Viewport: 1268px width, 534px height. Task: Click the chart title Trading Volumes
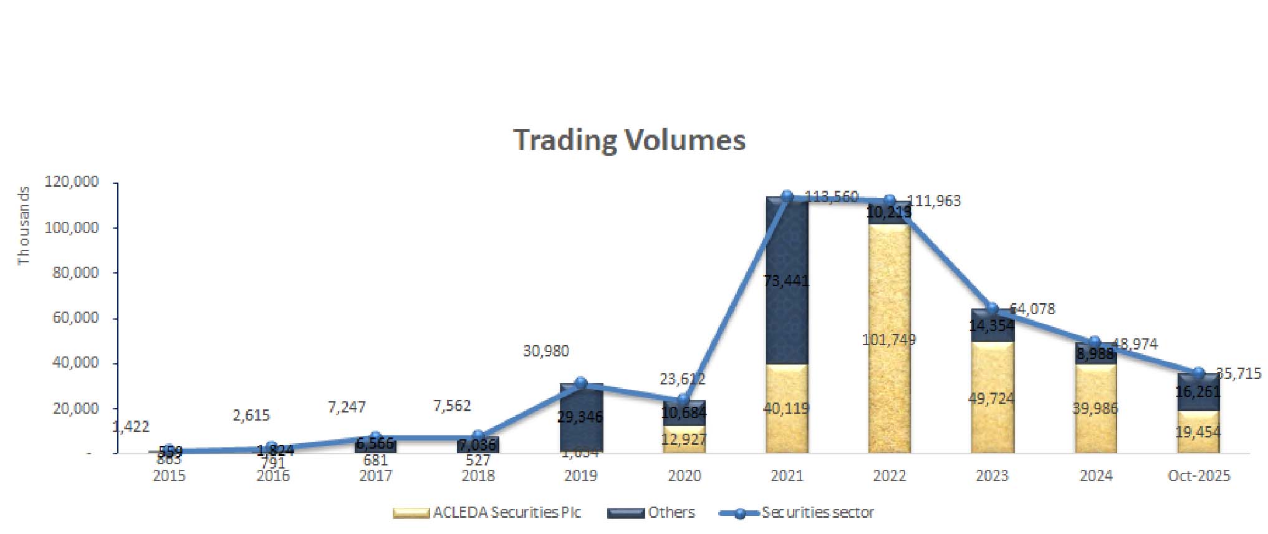pyautogui.click(x=629, y=140)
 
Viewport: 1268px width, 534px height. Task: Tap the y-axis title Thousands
pyautogui.click(x=24, y=226)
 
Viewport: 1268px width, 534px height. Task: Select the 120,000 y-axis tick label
pyautogui.click(x=72, y=182)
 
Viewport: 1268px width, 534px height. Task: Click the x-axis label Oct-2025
pyautogui.click(x=1198, y=476)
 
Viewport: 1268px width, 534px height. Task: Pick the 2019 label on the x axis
pyautogui.click(x=580, y=476)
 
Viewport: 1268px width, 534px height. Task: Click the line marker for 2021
pyautogui.click(x=787, y=197)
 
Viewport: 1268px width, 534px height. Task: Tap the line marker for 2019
pyautogui.click(x=580, y=383)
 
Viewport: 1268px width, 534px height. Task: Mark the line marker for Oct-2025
pyautogui.click(x=1198, y=373)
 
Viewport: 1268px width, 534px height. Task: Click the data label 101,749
pyautogui.click(x=889, y=340)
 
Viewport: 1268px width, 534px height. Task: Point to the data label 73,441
pyautogui.click(x=786, y=281)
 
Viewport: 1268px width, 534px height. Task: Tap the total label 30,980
pyautogui.click(x=546, y=351)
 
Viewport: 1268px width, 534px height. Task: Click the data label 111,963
pyautogui.click(x=934, y=201)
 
